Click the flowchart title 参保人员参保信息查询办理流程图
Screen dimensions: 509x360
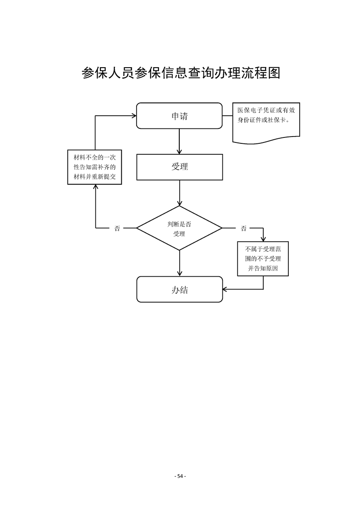tap(180, 73)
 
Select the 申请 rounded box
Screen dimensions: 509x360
tap(179, 116)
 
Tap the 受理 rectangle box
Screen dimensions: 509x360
tap(179, 166)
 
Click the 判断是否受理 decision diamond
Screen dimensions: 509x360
tap(179, 228)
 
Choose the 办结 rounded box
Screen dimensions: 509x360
tap(179, 289)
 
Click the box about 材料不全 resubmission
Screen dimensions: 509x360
tap(95, 167)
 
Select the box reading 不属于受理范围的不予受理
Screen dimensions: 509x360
tap(263, 259)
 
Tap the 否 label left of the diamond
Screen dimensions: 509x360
tap(117, 228)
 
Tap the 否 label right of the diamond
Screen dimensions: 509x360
tap(244, 228)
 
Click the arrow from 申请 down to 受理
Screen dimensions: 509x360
tap(180, 141)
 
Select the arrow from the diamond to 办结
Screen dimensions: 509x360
tap(180, 263)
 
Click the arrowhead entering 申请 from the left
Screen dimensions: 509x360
tap(134, 116)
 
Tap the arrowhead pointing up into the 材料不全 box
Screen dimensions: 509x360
tap(95, 187)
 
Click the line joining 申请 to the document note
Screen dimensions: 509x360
tap(227, 116)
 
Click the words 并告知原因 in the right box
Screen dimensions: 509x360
tap(263, 269)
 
